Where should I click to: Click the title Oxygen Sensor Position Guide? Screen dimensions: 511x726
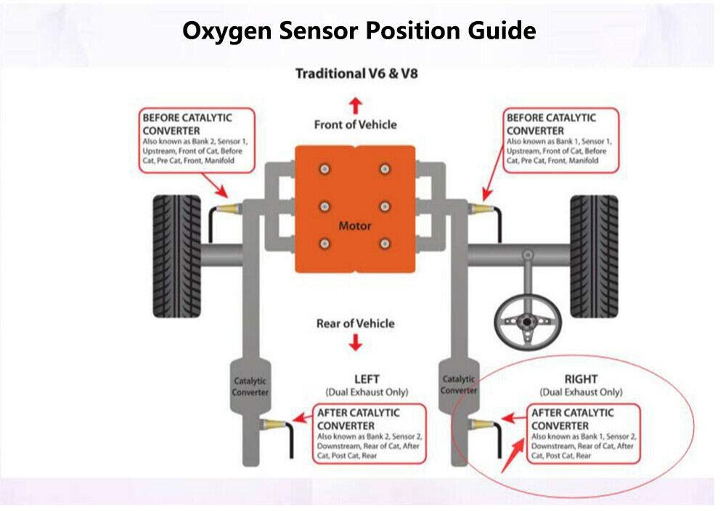(359, 31)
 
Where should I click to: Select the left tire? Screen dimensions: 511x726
(177, 256)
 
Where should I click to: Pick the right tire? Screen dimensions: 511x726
(593, 256)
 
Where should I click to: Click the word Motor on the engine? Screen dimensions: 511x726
(355, 225)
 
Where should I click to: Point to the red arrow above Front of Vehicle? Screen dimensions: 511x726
(355, 105)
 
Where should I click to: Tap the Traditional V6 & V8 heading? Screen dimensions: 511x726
(356, 73)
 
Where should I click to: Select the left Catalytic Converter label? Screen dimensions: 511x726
(250, 386)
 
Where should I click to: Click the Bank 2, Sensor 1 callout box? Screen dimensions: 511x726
(197, 140)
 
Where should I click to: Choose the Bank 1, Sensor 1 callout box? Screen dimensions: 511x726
(561, 140)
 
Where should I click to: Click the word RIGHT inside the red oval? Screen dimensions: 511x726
(581, 379)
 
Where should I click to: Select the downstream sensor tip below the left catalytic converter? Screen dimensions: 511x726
(274, 424)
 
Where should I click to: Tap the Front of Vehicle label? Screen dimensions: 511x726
(355, 124)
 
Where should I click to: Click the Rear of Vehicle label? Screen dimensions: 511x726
(355, 323)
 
